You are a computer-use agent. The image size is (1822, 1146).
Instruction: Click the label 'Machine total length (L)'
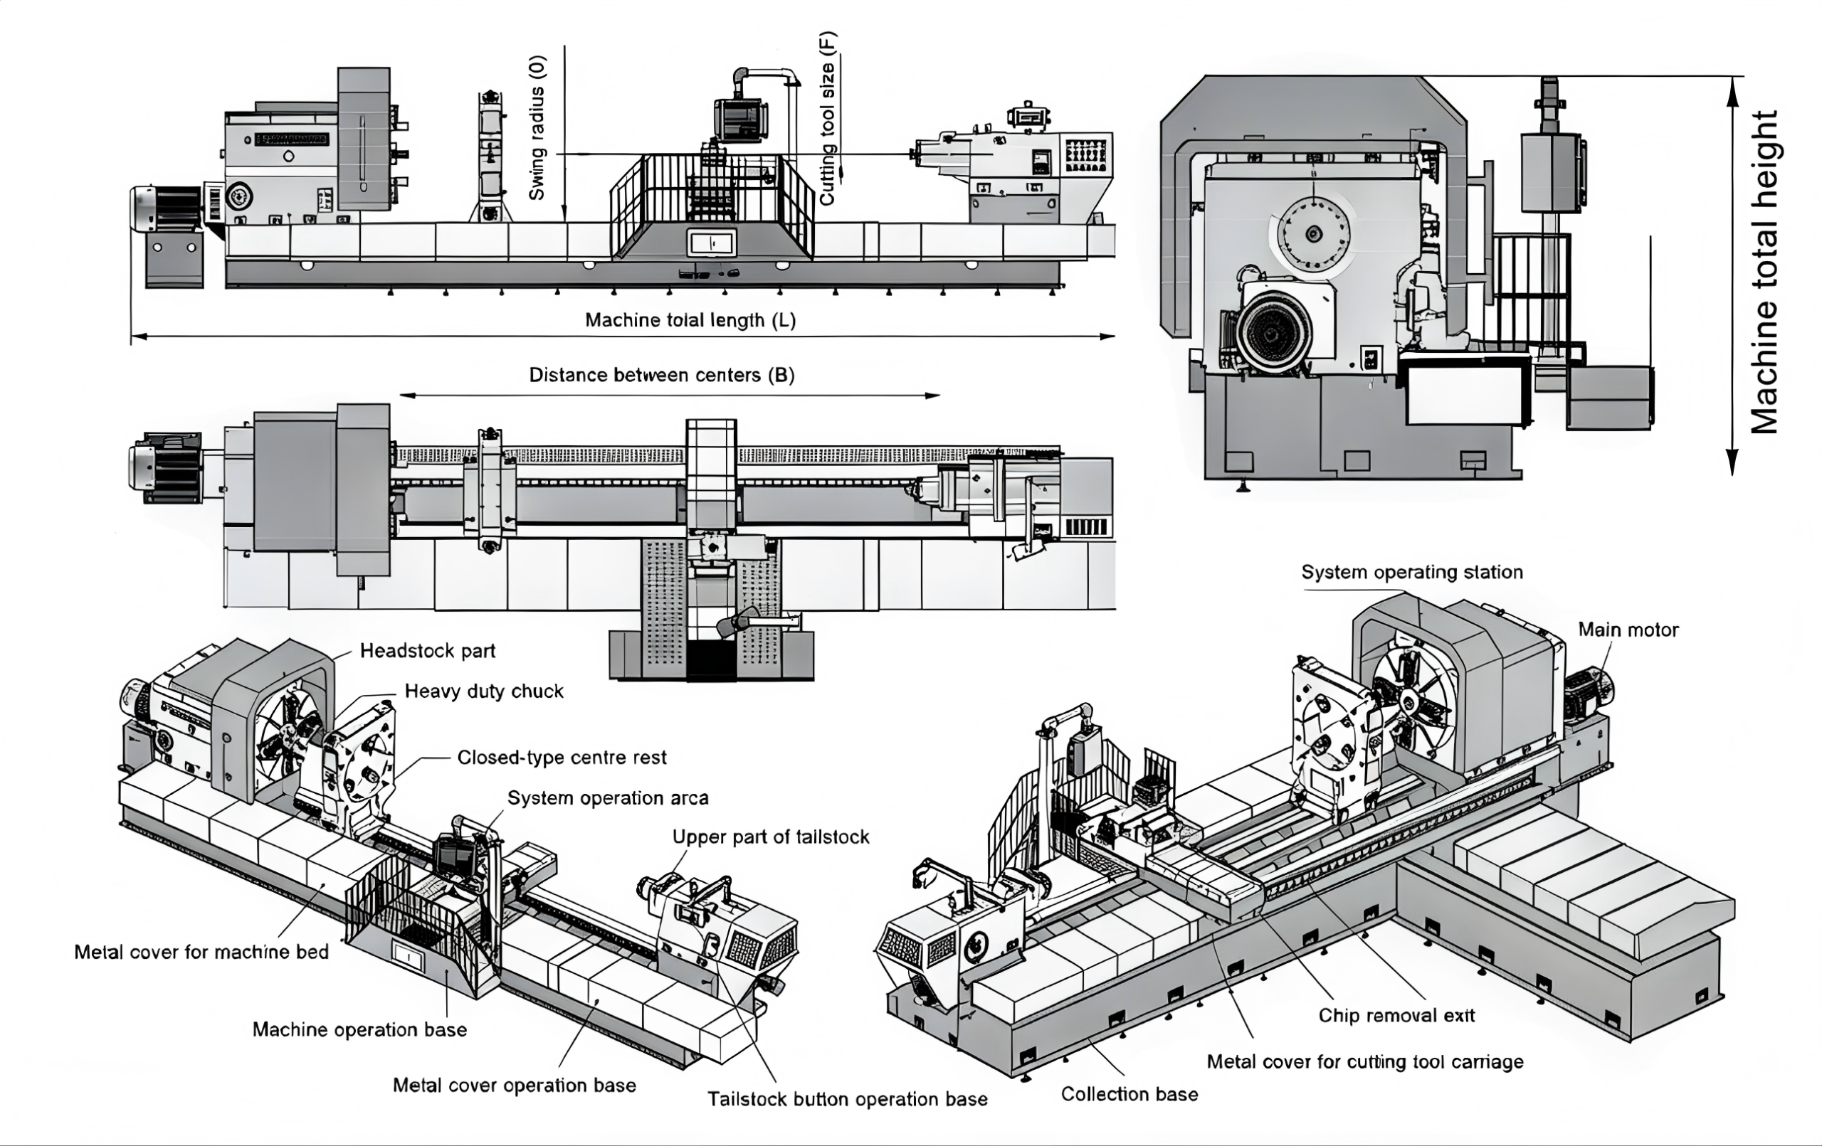[690, 320]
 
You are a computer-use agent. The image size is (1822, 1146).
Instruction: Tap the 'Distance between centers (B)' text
[661, 375]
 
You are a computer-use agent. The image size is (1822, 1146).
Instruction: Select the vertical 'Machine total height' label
[1764, 272]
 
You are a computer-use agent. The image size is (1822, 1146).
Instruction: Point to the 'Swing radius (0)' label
[537, 128]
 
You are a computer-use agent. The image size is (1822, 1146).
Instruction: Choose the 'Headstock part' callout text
[428, 650]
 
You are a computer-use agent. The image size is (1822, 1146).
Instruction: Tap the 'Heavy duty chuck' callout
[483, 691]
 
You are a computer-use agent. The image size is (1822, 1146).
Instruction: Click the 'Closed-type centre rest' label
[562, 757]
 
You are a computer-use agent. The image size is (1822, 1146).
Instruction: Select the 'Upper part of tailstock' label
[770, 837]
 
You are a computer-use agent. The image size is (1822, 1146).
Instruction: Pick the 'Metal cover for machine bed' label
[201, 952]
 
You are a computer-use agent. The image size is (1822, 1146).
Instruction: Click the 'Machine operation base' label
[359, 1029]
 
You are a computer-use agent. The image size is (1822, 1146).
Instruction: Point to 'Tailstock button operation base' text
[848, 1099]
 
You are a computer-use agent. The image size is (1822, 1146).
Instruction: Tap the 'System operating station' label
[1412, 572]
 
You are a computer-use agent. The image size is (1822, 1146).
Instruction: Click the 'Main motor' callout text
[1628, 630]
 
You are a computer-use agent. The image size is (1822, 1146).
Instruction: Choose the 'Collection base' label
[1129, 1094]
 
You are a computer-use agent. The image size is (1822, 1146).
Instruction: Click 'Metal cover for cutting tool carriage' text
[1365, 1062]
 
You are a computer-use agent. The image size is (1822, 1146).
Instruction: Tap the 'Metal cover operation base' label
[514, 1086]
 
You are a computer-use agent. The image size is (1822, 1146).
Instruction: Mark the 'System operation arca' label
[608, 798]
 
